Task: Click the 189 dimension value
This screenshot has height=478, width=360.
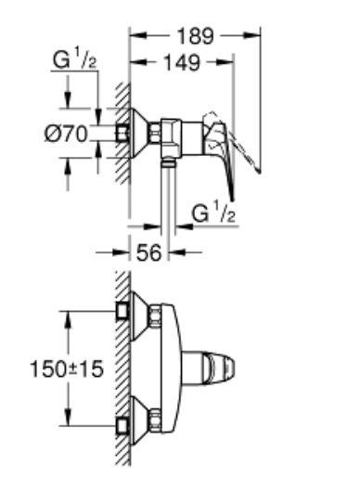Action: tap(195, 36)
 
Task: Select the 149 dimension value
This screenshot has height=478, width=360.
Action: tap(182, 62)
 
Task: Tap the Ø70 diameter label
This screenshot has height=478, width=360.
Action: tap(66, 134)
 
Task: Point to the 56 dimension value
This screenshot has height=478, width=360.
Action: tap(148, 252)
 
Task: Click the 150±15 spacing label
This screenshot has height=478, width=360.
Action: tap(66, 368)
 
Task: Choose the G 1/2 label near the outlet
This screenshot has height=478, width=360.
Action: tap(213, 212)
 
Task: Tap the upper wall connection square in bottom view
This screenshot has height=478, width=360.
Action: tap(122, 311)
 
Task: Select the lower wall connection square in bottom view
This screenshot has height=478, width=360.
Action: tap(122, 426)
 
